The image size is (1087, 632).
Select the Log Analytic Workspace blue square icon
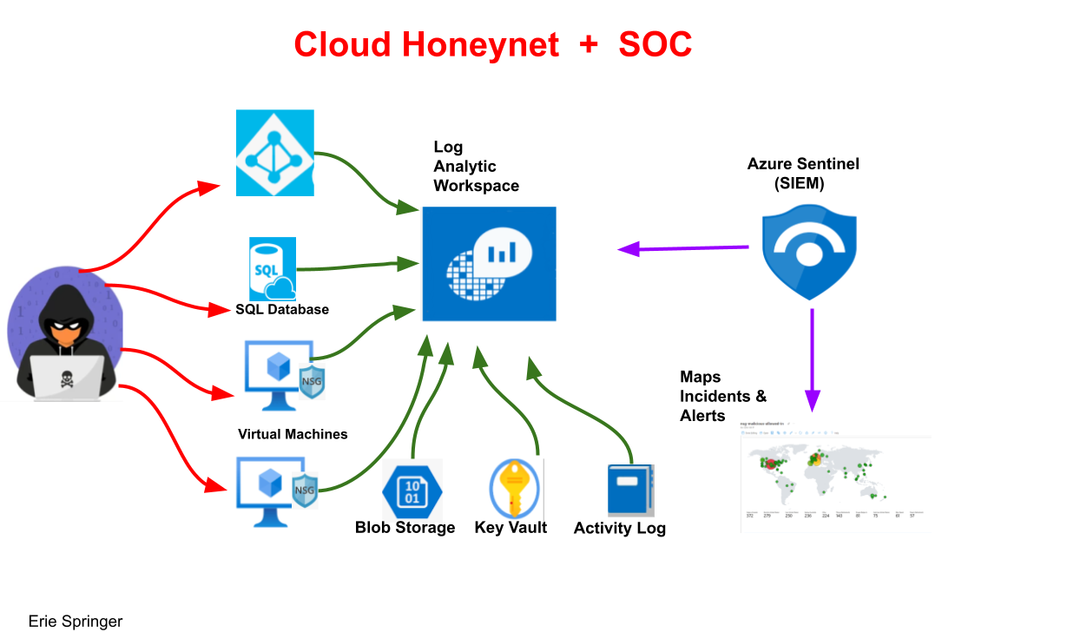pyautogui.click(x=489, y=264)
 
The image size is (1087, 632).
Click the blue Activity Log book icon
pyautogui.click(x=629, y=490)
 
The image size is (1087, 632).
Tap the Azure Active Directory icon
pyautogui.click(x=275, y=152)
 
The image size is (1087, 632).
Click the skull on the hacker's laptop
pyautogui.click(x=65, y=379)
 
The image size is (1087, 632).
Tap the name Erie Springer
pyautogui.click(x=76, y=622)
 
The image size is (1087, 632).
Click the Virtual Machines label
pyautogui.click(x=293, y=434)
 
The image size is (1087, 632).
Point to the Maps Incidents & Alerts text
pyautogui.click(x=723, y=397)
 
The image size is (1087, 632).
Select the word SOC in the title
pyautogui.click(x=655, y=44)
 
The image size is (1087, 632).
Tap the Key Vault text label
pyautogui.click(x=511, y=528)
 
